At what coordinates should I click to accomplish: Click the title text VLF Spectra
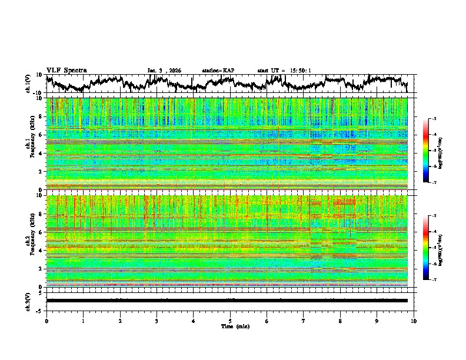tap(66, 70)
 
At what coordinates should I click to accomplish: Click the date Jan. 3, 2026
tap(164, 71)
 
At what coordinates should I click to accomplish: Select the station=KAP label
tap(218, 71)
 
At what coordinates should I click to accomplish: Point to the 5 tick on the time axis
tap(230, 321)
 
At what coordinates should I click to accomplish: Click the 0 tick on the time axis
tap(46, 321)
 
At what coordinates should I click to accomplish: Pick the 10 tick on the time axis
tap(414, 321)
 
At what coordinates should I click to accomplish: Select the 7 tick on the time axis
tap(304, 321)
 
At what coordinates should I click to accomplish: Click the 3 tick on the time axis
tap(157, 321)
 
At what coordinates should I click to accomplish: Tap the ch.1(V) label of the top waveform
tap(28, 84)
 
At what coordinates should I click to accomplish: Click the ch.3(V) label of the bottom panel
tap(28, 301)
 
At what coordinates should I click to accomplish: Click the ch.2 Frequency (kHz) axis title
tap(29, 241)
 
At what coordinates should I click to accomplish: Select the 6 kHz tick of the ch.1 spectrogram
tap(41, 135)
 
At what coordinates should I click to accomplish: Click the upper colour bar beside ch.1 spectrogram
tap(433, 151)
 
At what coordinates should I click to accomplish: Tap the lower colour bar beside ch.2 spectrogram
tap(433, 248)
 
